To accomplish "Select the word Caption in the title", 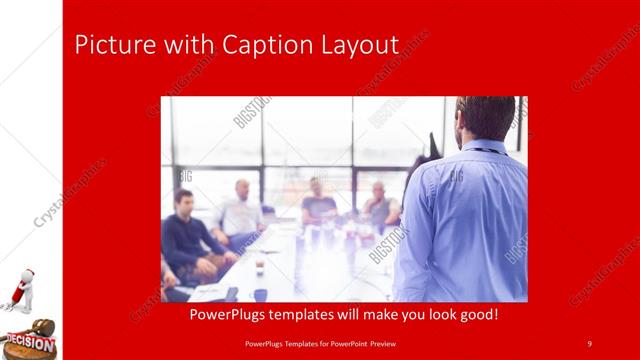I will [x=246, y=45].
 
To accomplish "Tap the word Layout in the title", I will [x=356, y=45].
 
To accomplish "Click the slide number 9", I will [x=590, y=344].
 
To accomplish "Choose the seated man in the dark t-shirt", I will [x=318, y=205].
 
